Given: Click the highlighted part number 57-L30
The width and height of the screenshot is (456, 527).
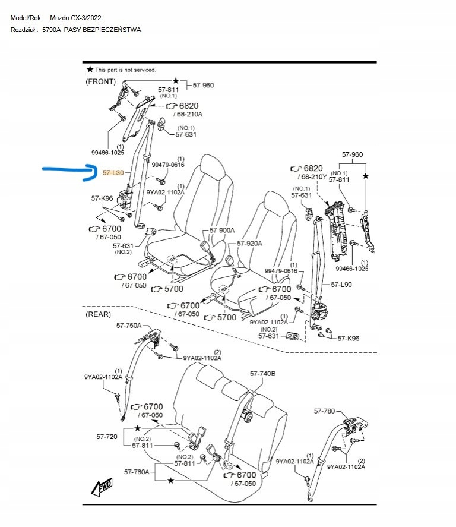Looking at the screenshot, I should coord(113,173).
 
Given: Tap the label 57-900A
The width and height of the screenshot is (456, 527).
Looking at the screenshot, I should coord(222,231).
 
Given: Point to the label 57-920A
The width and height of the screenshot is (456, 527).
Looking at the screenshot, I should coord(249,243).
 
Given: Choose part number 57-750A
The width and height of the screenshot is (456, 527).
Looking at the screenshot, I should coord(129,326).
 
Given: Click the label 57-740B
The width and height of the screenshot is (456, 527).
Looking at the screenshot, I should coord(262,374).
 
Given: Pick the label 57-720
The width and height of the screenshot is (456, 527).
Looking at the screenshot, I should coord(107,437).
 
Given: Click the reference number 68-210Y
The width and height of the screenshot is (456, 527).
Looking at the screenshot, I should coord(314,177).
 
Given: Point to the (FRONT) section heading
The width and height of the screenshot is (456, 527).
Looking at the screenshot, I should coord(101,81).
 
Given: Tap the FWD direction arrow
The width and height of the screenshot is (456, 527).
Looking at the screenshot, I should coord(102,487).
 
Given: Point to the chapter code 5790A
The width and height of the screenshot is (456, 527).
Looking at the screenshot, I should coord(52,30).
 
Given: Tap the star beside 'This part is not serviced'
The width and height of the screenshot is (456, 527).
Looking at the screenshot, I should coord(90,70).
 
